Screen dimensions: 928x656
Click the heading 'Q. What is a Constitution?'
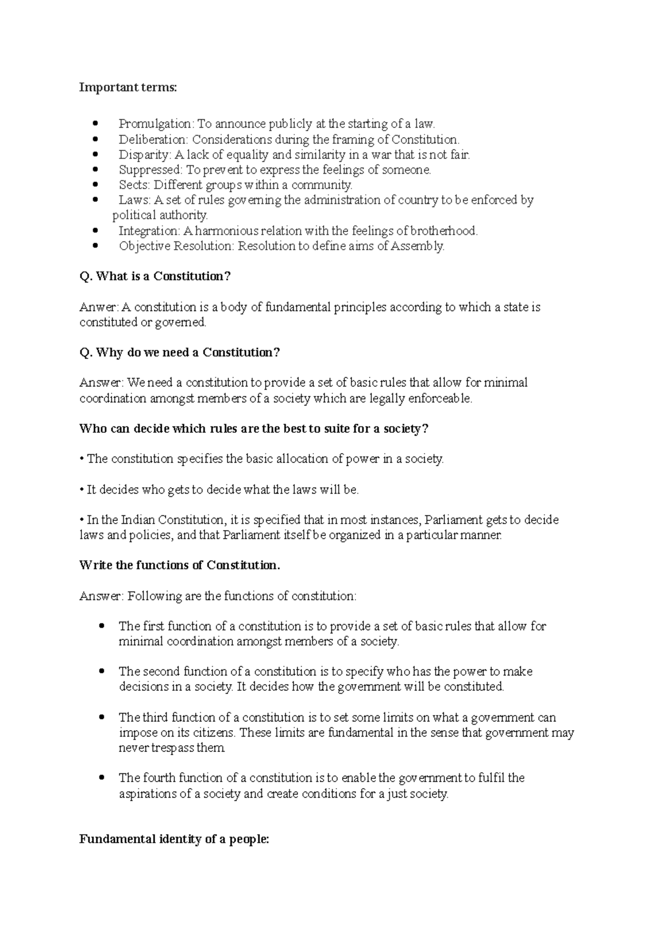(x=155, y=277)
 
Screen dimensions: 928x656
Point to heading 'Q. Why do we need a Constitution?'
(x=179, y=353)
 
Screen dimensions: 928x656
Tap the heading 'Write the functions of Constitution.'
(x=179, y=566)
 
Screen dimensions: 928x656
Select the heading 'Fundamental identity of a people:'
(x=174, y=839)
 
